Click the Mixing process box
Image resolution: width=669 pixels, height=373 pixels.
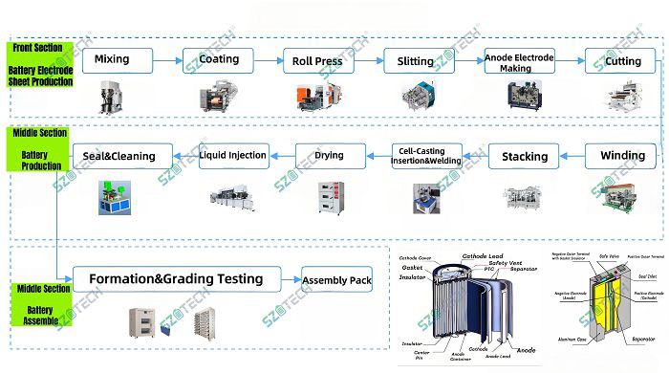(x=113, y=60)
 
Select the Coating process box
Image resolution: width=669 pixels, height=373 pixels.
(x=218, y=60)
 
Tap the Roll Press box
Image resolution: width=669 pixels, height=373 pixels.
(x=317, y=61)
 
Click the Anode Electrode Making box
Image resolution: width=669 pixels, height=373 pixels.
(x=519, y=61)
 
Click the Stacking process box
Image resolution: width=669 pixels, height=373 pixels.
(x=524, y=156)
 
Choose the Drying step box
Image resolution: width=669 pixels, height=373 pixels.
(x=329, y=154)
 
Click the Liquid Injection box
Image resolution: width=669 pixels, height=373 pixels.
(x=232, y=154)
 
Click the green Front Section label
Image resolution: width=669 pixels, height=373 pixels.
(x=41, y=65)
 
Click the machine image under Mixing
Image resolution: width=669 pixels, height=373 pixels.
(x=112, y=95)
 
